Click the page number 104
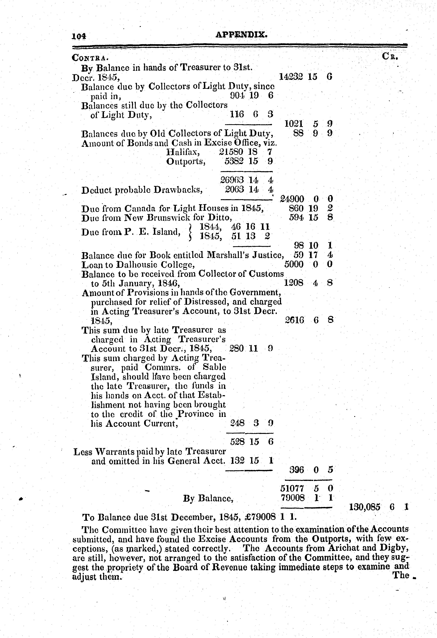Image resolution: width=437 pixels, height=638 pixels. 79,36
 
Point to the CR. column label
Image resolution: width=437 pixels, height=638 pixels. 390,57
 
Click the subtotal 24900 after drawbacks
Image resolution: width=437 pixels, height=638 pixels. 292,199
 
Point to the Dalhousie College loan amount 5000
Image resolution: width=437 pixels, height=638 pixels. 294,264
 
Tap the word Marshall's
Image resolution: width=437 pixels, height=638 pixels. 229,255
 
